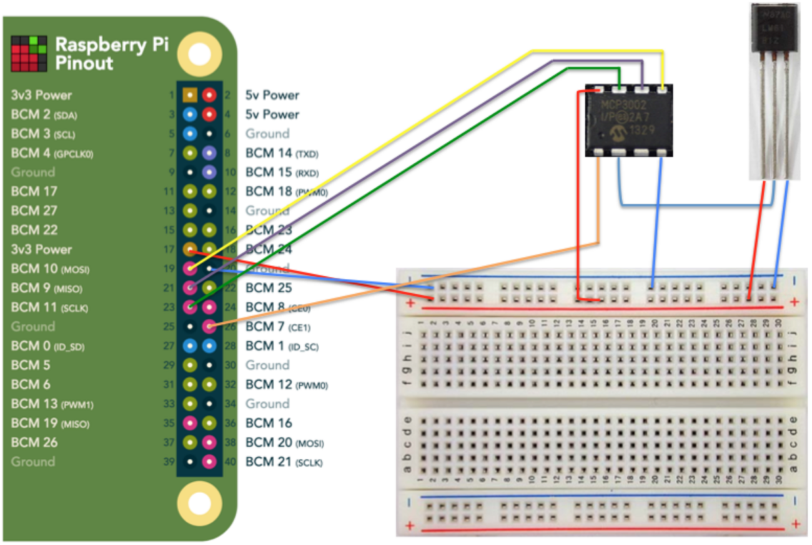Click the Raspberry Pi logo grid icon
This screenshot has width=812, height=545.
pyautogui.click(x=29, y=53)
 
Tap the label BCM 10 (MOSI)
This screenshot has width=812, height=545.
pyautogui.click(x=50, y=269)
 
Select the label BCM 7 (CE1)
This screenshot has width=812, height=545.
pyautogui.click(x=275, y=327)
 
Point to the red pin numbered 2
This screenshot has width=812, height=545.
pyautogui.click(x=210, y=95)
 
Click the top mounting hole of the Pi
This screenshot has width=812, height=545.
pyautogui.click(x=200, y=55)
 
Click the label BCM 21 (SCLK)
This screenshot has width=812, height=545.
pyautogui.click(x=284, y=462)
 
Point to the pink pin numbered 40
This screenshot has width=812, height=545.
pyautogui.click(x=210, y=462)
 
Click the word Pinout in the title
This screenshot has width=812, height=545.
pyautogui.click(x=84, y=63)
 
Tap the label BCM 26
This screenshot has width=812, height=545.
pyautogui.click(x=34, y=442)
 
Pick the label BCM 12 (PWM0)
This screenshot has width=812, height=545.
pyautogui.click(x=287, y=385)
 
